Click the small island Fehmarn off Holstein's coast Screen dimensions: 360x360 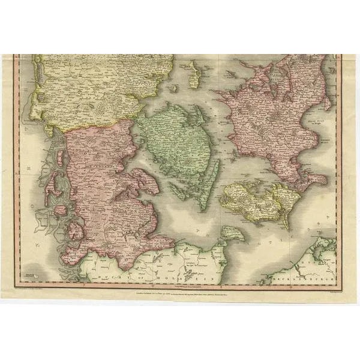[x=232, y=234]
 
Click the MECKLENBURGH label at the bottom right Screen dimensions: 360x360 [x=300, y=278]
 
